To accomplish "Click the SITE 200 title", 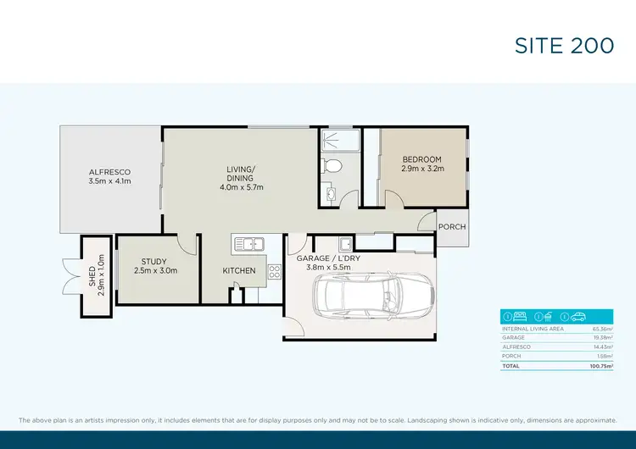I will (564, 45).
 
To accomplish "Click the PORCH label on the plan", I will (451, 227).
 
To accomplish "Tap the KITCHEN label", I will (239, 270).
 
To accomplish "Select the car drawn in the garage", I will (369, 300).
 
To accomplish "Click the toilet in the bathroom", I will (334, 165).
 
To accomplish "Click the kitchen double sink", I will (249, 244).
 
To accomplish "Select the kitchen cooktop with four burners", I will (275, 272).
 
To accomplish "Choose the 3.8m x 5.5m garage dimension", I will (328, 268).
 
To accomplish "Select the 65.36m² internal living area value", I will (602, 328).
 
